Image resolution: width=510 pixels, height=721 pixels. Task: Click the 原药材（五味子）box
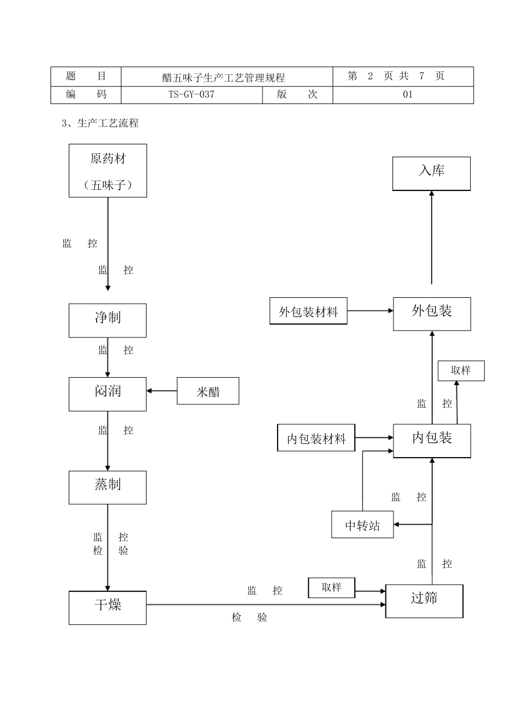pyautogui.click(x=107, y=171)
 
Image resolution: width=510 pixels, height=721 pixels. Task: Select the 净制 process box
pyautogui.click(x=107, y=320)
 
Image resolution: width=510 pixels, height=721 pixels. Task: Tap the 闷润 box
pyautogui.click(x=107, y=394)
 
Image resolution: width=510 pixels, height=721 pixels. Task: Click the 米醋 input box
pyautogui.click(x=208, y=391)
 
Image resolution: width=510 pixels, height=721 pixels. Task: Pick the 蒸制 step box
pyautogui.click(x=107, y=487)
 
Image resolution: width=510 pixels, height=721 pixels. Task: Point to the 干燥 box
pyautogui.click(x=107, y=607)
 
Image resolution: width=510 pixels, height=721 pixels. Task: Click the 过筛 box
pyautogui.click(x=424, y=600)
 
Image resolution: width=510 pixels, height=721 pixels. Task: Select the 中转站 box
pyautogui.click(x=362, y=524)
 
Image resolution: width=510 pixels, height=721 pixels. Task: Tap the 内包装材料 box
pyautogui.click(x=316, y=438)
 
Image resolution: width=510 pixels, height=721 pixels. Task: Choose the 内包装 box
pyautogui.click(x=432, y=440)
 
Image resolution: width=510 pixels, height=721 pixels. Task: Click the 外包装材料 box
pyautogui.click(x=308, y=311)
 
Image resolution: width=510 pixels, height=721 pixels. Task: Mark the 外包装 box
pyautogui.click(x=432, y=313)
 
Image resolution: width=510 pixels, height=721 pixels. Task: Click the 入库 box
pyautogui.click(x=431, y=173)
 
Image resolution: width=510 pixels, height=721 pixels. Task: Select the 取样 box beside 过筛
pyautogui.click(x=332, y=587)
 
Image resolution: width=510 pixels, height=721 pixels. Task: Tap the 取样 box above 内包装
pyautogui.click(x=461, y=371)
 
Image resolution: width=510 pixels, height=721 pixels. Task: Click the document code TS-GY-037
pyautogui.click(x=192, y=95)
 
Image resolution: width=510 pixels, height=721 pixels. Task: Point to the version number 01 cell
pyautogui.click(x=407, y=95)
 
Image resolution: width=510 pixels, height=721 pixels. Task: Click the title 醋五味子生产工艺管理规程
pyautogui.click(x=223, y=77)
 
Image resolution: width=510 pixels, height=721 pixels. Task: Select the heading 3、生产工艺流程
pyautogui.click(x=100, y=123)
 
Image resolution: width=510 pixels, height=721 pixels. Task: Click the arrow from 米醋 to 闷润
pyautogui.click(x=162, y=391)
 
